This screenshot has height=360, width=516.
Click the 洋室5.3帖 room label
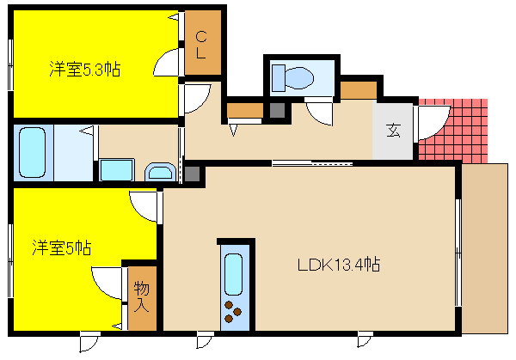85,70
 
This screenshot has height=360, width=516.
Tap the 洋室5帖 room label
62,247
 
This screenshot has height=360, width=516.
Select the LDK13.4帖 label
339,265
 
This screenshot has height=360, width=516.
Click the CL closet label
201,45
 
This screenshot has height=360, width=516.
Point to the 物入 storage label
142,296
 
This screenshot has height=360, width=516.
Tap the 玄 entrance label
393,131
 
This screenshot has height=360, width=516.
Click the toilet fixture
292,78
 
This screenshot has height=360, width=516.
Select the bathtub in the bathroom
33,152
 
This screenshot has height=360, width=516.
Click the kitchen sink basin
233,274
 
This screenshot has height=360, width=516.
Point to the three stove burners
233,311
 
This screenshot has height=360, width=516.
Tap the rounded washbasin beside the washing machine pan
160,172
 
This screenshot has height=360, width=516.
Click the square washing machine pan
116,169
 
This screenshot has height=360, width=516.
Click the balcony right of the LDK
485,248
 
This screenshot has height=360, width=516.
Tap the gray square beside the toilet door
277,110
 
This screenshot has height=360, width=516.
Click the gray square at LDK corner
192,174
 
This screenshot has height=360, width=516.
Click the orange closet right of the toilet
359,90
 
